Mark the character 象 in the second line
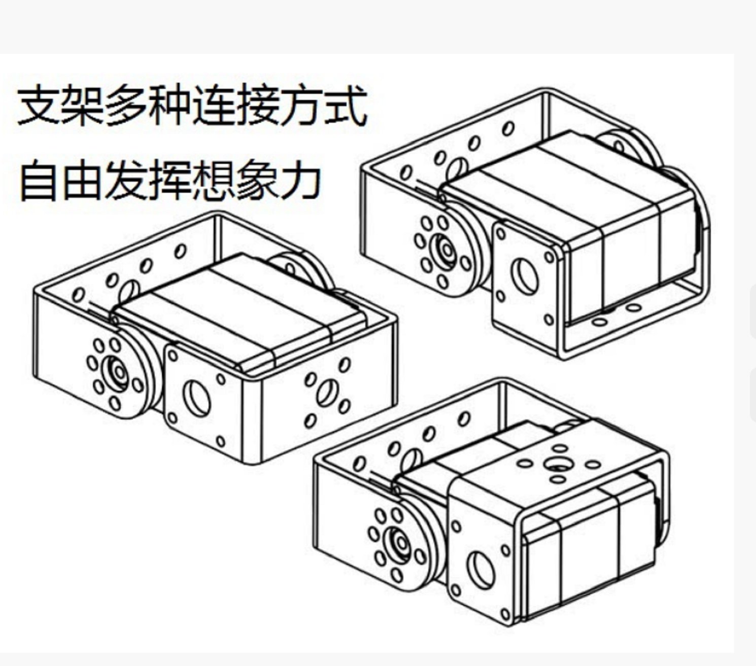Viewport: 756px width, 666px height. click(257, 180)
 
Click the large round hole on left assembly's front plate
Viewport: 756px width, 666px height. click(196, 398)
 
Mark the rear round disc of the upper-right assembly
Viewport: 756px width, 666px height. click(631, 148)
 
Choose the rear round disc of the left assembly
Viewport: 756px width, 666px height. click(302, 270)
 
